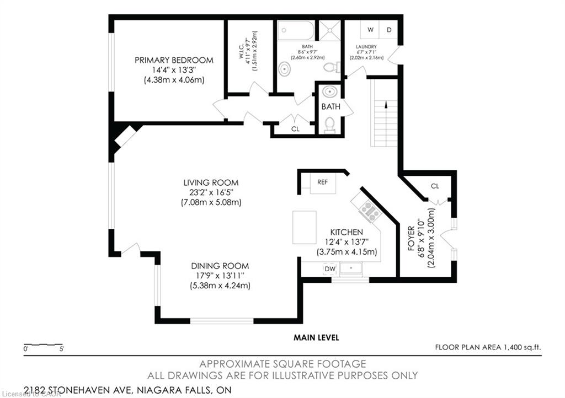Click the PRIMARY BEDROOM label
[174, 60]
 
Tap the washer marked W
[370, 30]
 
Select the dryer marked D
[389, 30]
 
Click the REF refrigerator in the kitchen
[323, 183]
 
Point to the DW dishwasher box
[330, 269]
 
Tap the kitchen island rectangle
[305, 228]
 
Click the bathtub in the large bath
[296, 30]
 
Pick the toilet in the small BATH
[330, 125]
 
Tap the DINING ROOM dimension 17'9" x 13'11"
[220, 276]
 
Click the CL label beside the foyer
[435, 186]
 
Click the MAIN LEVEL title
[316, 337]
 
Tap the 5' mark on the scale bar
[62, 349]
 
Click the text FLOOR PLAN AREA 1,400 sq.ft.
[488, 347]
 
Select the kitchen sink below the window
[350, 268]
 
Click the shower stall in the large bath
[329, 30]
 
